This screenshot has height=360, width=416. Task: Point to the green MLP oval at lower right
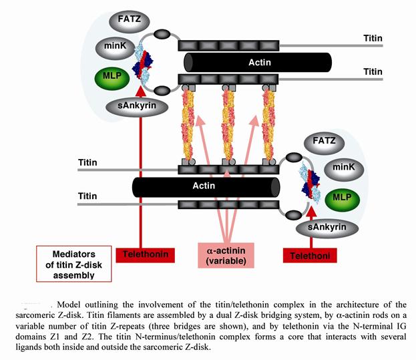point(342,198)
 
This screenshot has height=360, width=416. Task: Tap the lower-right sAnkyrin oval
point(327,227)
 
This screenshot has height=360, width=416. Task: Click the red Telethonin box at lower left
point(146,254)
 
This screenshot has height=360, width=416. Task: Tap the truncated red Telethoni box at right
point(309,254)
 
